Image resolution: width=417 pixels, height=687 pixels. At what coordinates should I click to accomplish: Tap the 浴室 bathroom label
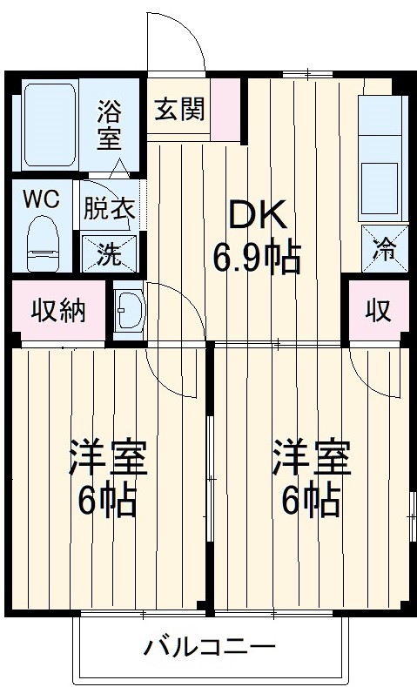110,125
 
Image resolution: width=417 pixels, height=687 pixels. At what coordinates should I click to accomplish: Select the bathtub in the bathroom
50,124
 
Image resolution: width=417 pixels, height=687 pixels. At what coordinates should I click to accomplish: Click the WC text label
40,199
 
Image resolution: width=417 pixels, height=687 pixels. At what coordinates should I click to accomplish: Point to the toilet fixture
42,242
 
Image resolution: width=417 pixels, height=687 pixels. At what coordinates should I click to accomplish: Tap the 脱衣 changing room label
109,208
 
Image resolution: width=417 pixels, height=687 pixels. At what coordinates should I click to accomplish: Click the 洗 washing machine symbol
109,253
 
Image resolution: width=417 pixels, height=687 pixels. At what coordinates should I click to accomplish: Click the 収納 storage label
58,310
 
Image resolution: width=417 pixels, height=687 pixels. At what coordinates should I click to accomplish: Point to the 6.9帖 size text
257,257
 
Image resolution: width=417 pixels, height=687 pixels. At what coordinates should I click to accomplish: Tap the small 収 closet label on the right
377,310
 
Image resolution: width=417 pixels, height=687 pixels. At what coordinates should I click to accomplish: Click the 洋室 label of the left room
108,458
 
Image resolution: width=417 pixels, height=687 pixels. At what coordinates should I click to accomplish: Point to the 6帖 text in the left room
108,499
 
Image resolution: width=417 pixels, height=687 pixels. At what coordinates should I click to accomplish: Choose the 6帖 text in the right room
311,499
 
